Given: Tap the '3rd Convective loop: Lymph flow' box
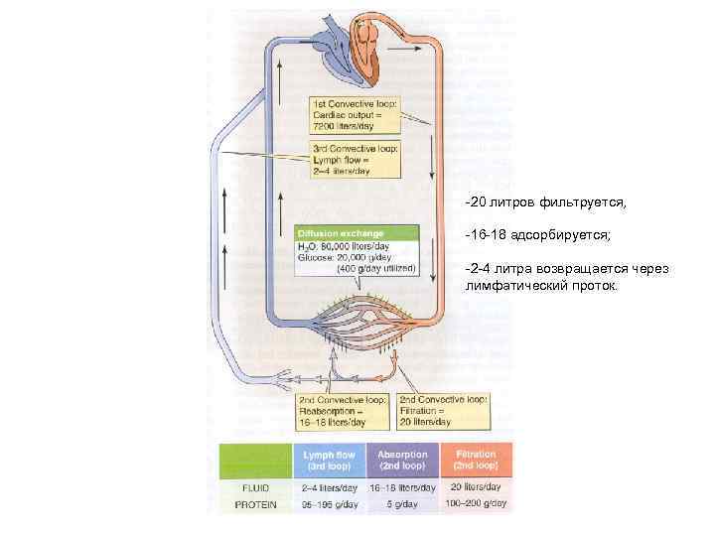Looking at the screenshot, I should click(355, 159).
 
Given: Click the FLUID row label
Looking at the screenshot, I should click(254, 487).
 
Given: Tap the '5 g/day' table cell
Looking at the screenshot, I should click(402, 504).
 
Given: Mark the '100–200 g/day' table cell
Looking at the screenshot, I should click(476, 504).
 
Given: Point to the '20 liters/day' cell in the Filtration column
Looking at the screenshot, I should click(476, 487).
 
